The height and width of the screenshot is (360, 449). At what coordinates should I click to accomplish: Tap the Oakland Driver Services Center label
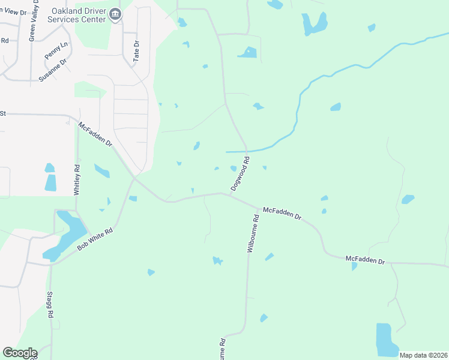point(79,15)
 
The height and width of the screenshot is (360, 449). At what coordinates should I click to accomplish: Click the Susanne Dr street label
point(52,70)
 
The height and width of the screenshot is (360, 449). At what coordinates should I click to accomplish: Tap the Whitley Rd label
point(76,180)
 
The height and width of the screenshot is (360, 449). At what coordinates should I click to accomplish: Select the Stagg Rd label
point(50,305)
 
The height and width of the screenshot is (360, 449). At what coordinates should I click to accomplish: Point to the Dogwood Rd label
point(240,175)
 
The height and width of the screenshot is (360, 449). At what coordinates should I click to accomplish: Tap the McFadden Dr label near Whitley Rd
point(95,134)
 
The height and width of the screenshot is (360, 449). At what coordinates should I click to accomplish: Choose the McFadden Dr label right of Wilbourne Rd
point(282,214)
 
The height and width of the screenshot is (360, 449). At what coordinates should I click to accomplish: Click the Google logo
point(20,353)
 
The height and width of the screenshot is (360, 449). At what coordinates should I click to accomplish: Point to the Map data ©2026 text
point(423,355)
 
